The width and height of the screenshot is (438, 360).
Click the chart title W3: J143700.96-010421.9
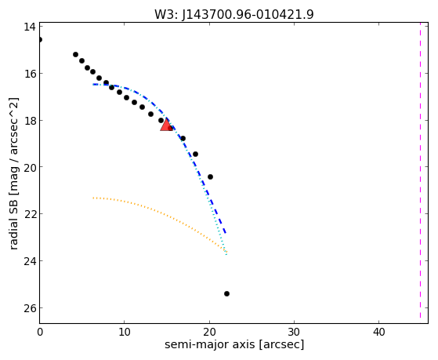pos(234,14)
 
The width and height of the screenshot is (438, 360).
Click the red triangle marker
pos(166,125)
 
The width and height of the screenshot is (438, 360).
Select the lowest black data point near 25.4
pos(226,293)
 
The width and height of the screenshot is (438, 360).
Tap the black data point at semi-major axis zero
pos(40,40)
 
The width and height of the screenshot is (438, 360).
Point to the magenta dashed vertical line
pos(420,170)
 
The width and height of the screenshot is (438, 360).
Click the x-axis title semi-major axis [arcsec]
pos(234,344)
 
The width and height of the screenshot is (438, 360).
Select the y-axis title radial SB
pos(13,173)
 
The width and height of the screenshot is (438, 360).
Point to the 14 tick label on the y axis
pos(30,27)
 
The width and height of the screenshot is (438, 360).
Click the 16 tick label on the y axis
pos(30,74)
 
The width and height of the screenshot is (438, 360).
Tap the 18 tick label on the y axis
pos(30,121)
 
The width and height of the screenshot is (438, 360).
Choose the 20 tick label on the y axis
pos(30,167)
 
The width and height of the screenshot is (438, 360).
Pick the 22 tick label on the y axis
pos(30,214)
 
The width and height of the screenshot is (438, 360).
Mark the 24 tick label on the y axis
pos(30,261)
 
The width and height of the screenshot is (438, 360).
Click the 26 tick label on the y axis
pos(30,308)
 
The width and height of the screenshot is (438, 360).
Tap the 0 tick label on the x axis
pos(40,332)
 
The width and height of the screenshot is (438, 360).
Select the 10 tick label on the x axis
pos(125,332)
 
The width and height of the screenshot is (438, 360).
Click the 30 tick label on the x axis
pos(294,332)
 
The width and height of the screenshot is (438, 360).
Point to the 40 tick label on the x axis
pos(378,332)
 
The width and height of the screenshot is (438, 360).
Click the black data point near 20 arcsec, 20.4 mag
pos(210,176)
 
